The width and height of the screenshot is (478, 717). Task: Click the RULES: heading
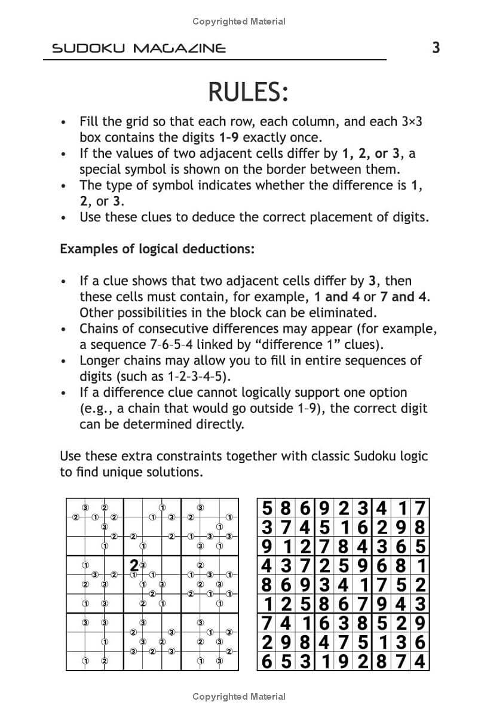point(248,93)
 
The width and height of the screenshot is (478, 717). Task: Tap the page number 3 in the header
point(436,48)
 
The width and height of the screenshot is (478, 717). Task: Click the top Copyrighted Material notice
point(239,22)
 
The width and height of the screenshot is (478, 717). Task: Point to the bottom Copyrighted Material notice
point(239,696)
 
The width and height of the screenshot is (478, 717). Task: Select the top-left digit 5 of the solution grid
point(267,509)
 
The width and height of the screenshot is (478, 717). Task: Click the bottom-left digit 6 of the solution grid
point(267,661)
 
